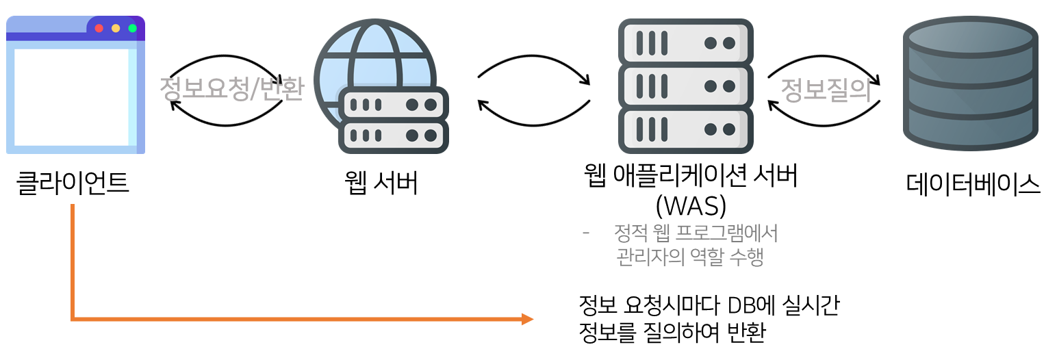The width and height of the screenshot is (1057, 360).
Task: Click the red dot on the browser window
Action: pos(99,28)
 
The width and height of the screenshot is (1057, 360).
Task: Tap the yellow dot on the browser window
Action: pos(116,28)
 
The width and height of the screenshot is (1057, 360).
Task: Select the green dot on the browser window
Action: pos(133,28)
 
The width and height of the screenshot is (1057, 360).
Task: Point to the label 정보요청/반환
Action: pos(231,90)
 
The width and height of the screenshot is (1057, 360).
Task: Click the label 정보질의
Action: pos(826,90)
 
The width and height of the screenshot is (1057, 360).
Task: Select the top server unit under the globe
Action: pos(394,105)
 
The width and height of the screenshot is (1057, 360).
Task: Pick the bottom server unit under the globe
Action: pos(394,135)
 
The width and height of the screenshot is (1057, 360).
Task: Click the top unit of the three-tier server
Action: pos(685,42)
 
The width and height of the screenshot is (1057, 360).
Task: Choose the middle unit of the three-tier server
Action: pos(685,86)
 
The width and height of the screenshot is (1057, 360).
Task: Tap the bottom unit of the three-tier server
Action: pos(685,129)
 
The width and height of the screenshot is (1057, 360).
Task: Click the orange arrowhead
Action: pos(527,319)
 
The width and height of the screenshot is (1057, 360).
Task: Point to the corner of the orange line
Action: pos(72,319)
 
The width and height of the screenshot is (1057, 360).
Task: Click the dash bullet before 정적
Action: pos(585,234)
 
